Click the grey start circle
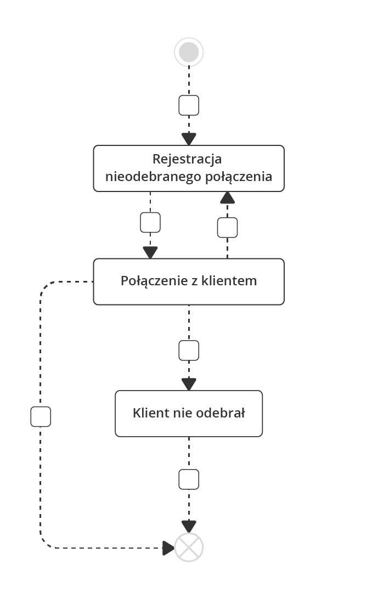[189, 52]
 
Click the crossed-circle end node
[189, 547]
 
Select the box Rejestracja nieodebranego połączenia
[189, 168]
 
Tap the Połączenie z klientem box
[189, 281]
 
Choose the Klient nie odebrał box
[189, 414]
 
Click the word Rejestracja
[187, 159]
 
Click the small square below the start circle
[189, 105]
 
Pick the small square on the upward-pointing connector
[227, 227]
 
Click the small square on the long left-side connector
[41, 416]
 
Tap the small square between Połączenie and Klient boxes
[189, 350]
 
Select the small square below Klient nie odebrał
[189, 479]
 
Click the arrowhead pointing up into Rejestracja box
[227, 198]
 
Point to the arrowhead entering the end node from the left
[168, 547]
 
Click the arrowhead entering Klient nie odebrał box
[189, 385]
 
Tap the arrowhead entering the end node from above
[189, 527]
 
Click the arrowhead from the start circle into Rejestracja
[189, 139]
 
